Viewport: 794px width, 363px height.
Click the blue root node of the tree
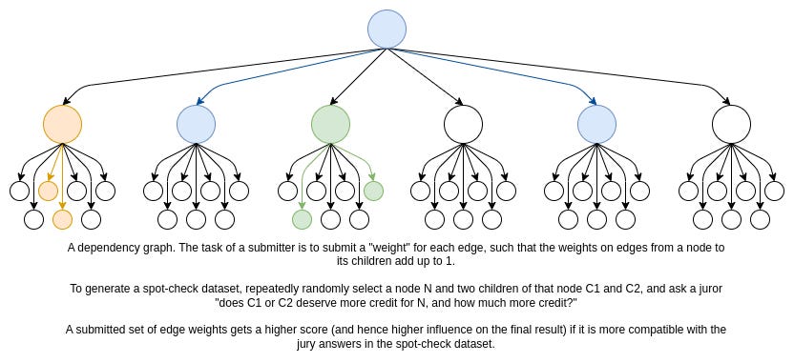click(387, 30)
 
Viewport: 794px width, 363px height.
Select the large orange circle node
click(62, 125)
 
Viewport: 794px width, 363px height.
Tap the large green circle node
click(330, 125)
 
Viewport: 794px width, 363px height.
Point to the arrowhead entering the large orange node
click(67, 101)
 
